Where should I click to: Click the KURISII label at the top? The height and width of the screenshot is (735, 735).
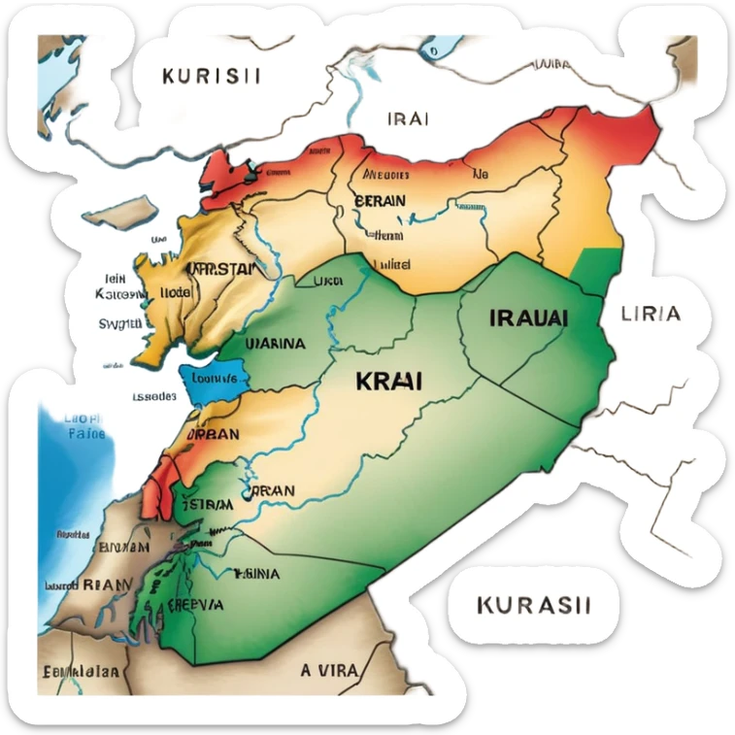(x=211, y=77)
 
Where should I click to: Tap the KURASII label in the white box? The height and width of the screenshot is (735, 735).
(x=534, y=605)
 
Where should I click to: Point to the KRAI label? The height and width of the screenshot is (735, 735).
(x=389, y=381)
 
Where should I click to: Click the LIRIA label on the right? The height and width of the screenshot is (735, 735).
(x=651, y=315)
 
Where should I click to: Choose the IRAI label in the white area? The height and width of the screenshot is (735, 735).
(x=408, y=119)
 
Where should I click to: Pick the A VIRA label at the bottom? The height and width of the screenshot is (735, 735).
(x=330, y=670)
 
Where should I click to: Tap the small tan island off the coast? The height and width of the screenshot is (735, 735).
(x=121, y=213)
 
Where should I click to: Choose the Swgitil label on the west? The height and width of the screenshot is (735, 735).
(x=120, y=323)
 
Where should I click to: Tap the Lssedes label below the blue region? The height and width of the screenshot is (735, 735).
(x=153, y=397)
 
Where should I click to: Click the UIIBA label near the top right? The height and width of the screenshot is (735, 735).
(x=551, y=65)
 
